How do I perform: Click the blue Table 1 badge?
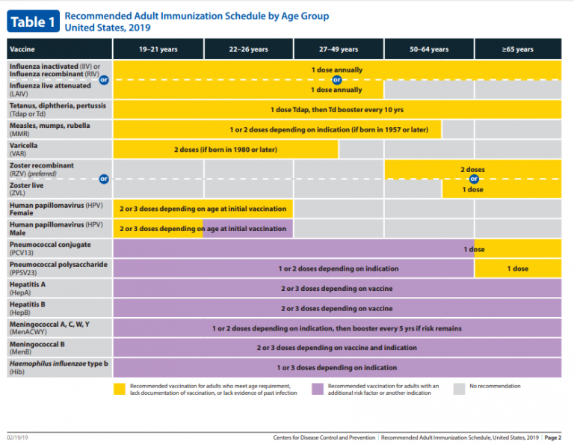33,21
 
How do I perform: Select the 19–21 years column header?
158,49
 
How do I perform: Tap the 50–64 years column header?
429,49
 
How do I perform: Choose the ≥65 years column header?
518,49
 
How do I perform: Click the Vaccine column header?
59,49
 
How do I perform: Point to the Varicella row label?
23,150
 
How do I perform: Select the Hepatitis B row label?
28,308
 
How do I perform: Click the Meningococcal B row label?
37,348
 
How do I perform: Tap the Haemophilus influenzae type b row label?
58,368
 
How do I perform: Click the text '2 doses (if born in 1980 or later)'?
226,150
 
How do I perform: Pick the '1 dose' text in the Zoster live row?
472,190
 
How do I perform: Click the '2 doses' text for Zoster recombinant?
472,170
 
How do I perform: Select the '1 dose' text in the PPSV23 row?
518,268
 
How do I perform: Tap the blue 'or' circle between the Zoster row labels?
104,179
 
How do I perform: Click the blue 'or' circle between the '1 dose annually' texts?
337,79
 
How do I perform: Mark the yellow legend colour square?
120,389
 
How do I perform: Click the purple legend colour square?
318,389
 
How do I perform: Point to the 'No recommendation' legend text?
495,386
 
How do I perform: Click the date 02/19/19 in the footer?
17,438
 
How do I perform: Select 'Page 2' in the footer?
553,438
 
